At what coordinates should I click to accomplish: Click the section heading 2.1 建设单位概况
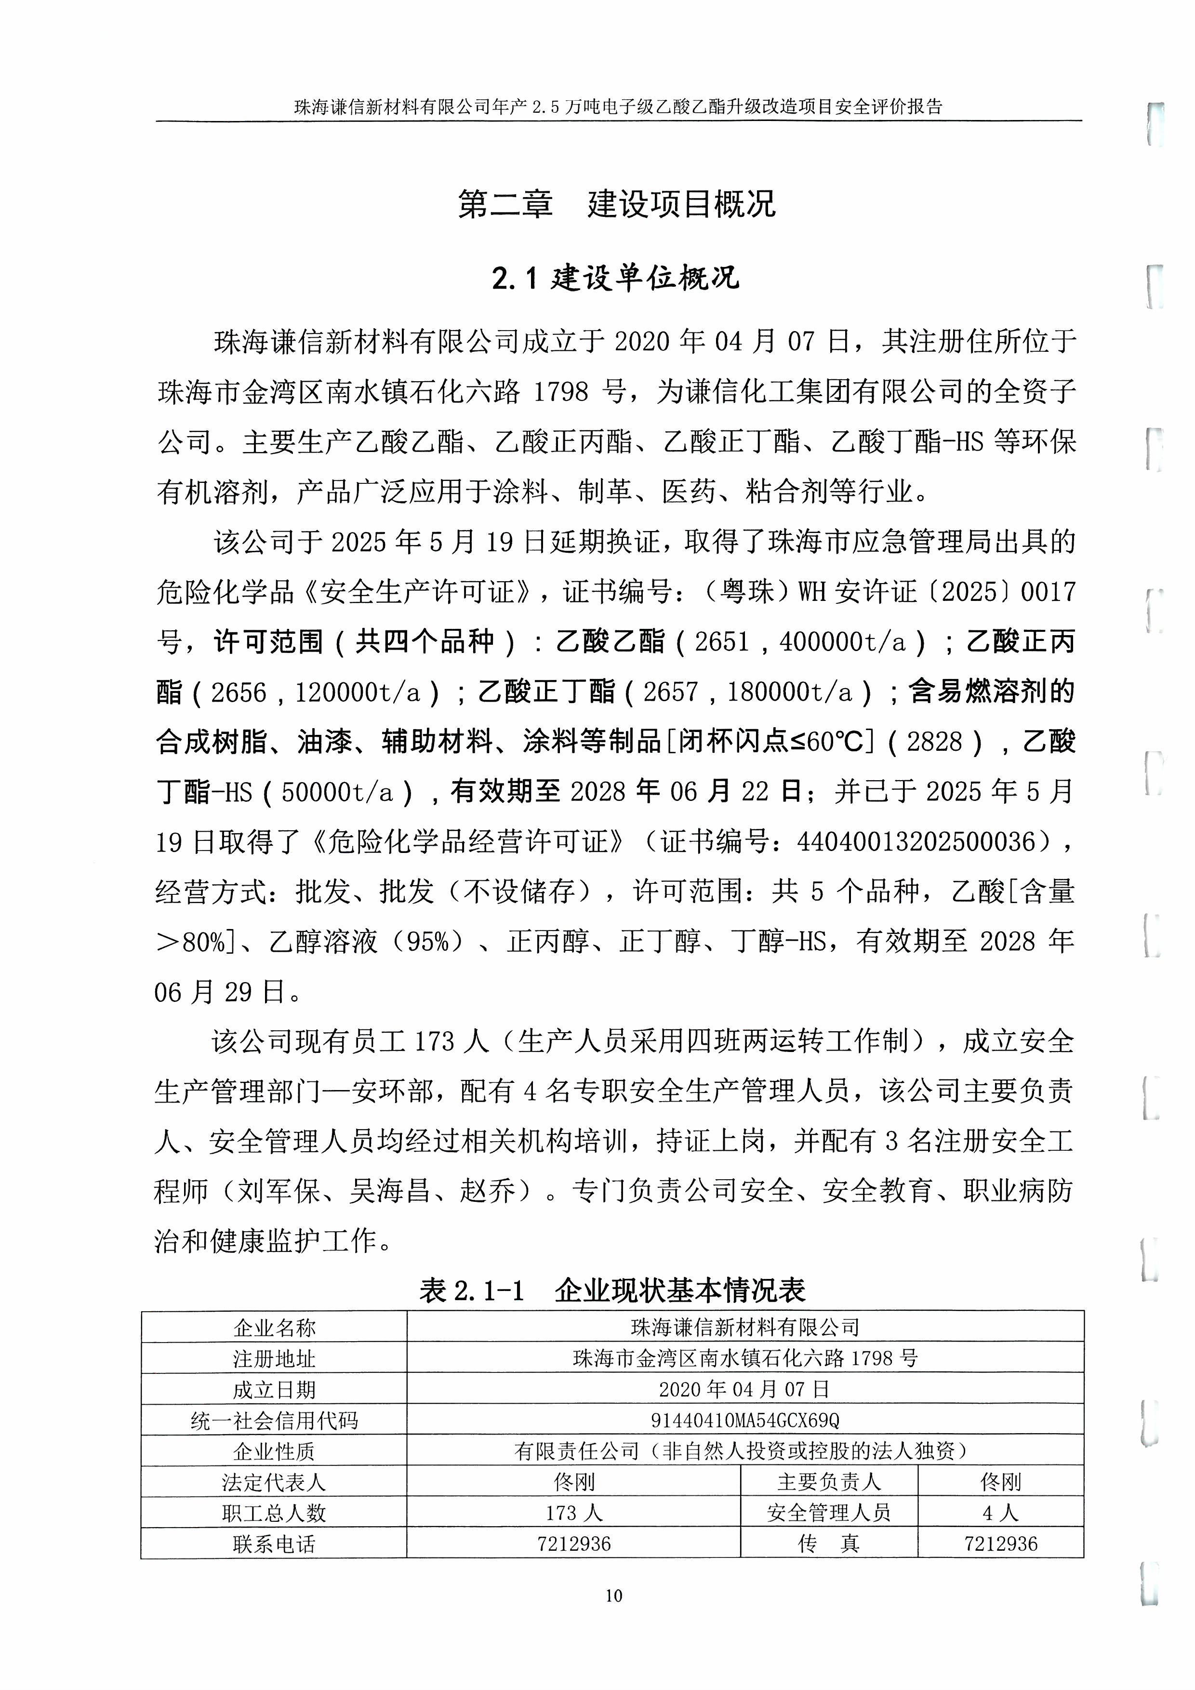[616, 278]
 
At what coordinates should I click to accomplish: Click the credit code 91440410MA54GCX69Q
[744, 1420]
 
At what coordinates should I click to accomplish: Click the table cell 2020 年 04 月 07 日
[744, 1389]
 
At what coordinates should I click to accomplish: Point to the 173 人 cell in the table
[574, 1513]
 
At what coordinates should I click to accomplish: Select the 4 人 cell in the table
[1000, 1513]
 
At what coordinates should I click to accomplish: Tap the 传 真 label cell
[829, 1544]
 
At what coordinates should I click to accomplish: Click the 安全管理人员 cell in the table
[829, 1513]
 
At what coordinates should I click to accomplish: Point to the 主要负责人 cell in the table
[829, 1482]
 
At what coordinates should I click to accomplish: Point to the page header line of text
[618, 106]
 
